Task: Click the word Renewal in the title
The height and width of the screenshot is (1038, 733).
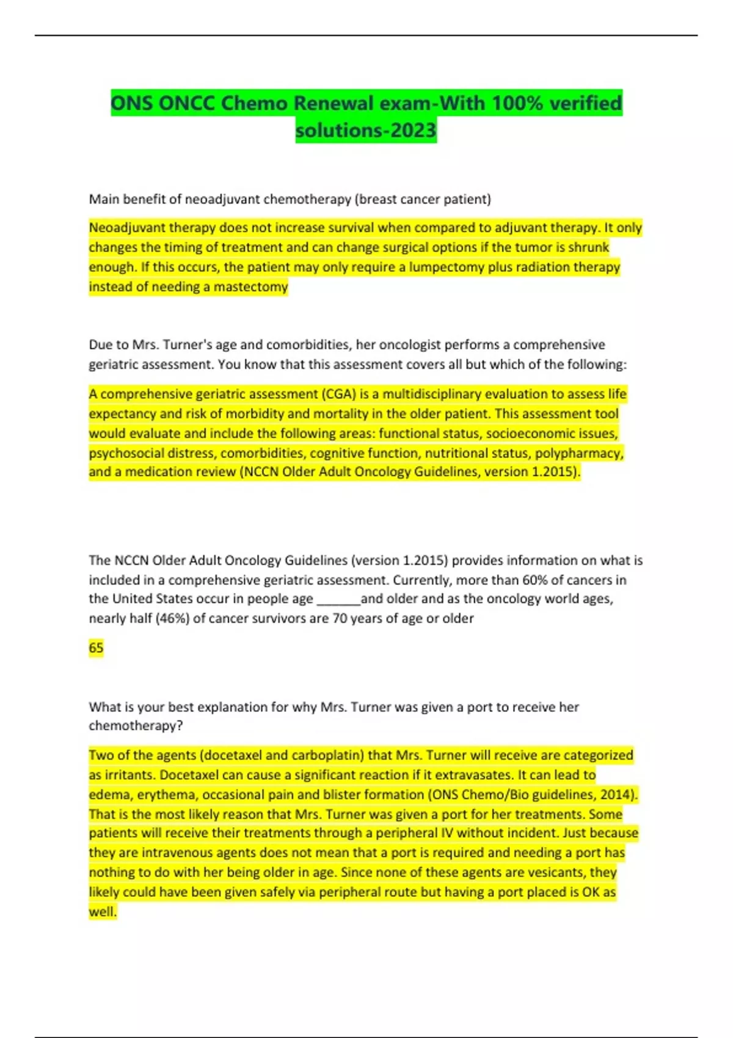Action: [333, 103]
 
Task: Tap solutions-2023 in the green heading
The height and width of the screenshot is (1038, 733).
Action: [366, 131]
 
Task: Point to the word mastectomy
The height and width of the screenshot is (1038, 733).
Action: [250, 286]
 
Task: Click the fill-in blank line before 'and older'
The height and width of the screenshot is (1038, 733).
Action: [338, 600]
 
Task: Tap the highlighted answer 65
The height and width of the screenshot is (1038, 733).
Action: [96, 648]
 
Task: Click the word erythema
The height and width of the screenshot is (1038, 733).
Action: [163, 794]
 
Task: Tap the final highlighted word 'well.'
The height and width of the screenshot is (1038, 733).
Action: [102, 912]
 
